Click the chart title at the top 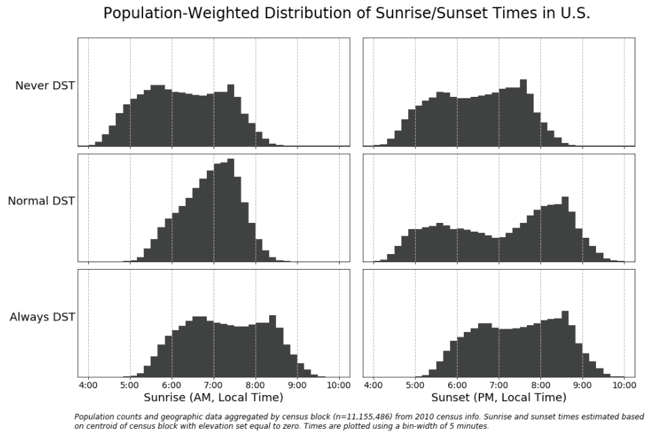(346, 14)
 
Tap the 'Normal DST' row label (41, 201)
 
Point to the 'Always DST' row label (42, 316)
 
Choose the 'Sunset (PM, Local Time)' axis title (498, 397)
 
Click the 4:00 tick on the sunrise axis (88, 385)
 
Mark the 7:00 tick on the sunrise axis (214, 385)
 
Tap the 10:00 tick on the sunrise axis (339, 385)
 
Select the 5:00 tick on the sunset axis (415, 385)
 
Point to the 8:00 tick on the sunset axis (540, 385)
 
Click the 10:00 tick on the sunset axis (624, 385)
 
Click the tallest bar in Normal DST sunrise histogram (231, 210)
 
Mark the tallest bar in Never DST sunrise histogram (231, 115)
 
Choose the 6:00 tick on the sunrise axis (172, 385)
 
